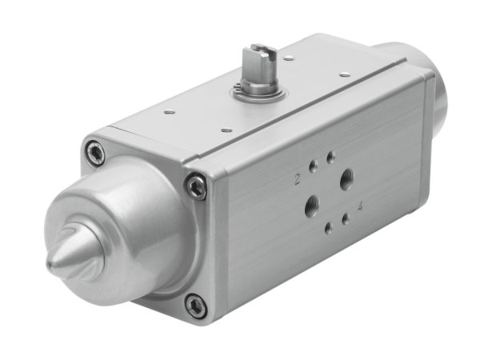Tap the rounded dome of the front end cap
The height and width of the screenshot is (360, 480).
[120, 220]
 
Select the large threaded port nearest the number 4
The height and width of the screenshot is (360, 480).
[347, 179]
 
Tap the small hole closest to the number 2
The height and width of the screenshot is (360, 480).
[313, 181]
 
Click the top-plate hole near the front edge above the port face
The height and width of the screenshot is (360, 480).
[226, 128]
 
